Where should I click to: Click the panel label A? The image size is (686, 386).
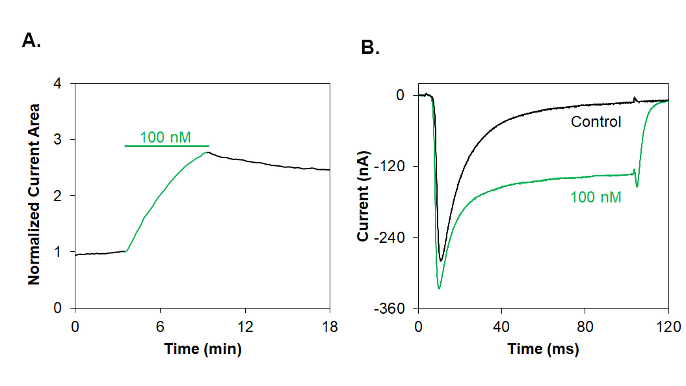(x=31, y=41)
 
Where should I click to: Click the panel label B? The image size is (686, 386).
(x=370, y=48)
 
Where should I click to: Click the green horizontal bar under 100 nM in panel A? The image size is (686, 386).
(x=166, y=146)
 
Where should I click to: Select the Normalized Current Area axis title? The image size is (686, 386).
(x=34, y=194)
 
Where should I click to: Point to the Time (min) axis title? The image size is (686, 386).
(x=203, y=349)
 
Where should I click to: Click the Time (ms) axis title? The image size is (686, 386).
(x=544, y=350)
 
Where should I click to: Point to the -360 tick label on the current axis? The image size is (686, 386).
(x=391, y=308)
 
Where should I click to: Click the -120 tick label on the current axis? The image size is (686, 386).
(x=391, y=166)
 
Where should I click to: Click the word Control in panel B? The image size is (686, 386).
(x=596, y=122)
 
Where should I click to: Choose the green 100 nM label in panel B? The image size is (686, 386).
(x=596, y=197)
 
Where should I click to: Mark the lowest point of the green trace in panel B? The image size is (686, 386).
(x=439, y=288)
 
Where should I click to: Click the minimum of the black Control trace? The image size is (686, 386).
(x=441, y=261)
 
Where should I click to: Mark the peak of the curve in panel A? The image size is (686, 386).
(x=207, y=152)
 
